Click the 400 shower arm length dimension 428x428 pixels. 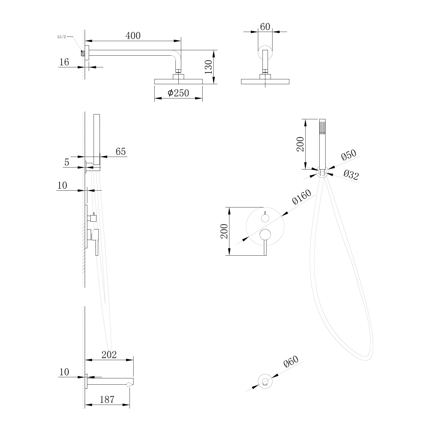133,36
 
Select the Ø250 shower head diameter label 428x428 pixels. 178,93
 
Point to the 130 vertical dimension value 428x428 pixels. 209,67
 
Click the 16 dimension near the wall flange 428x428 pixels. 64,62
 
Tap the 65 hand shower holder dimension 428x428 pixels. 121,152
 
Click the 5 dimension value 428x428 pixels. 67,162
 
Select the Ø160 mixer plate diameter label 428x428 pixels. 301,197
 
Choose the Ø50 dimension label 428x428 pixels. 349,155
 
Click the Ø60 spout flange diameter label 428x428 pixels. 291,362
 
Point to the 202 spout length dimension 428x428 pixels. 109,355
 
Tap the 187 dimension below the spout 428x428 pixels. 107,399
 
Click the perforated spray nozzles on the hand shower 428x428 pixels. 323,128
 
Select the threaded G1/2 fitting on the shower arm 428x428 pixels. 83,53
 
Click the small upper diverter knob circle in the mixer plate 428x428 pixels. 265,219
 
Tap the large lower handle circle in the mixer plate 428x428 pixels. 265,235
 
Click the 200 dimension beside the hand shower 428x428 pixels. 300,144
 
